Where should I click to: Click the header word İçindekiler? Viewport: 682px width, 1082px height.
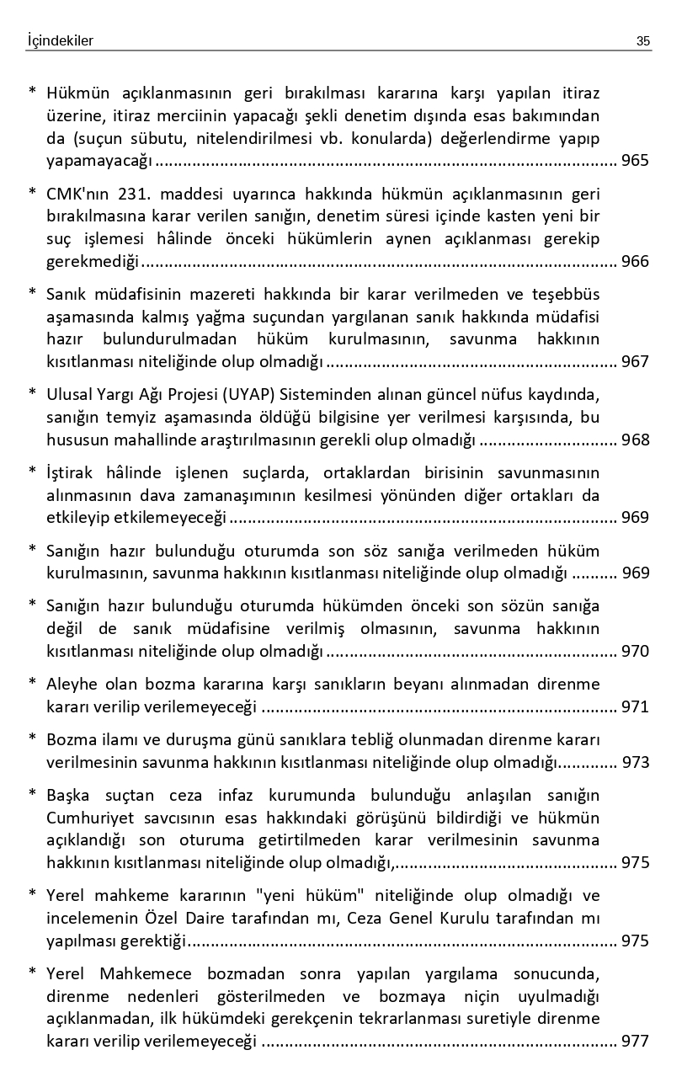[60, 40]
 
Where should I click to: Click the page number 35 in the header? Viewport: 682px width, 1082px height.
[643, 40]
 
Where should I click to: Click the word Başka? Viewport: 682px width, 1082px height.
[68, 796]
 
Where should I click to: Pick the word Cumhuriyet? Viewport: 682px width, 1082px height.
[88, 818]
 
